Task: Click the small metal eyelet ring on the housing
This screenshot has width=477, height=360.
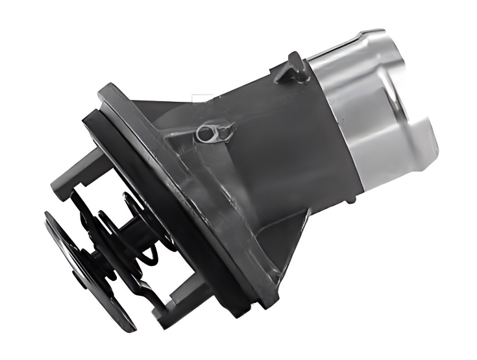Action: (x=206, y=134)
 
